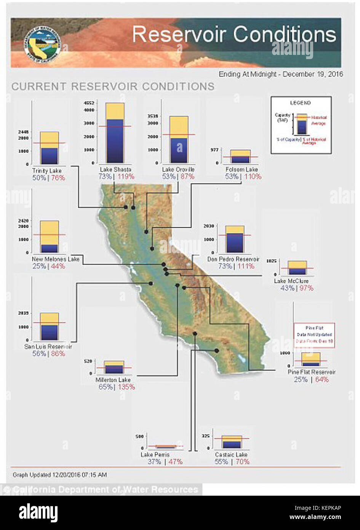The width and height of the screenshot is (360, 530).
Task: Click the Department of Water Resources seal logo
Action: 41,42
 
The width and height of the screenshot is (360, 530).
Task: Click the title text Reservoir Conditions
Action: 234,35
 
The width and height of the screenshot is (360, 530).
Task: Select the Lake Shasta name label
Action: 115,169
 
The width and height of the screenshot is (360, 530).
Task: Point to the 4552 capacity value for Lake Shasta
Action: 88,103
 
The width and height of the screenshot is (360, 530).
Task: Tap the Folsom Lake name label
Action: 242,169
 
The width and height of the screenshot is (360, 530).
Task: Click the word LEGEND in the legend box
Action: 300,103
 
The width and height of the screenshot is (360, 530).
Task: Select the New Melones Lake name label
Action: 56,259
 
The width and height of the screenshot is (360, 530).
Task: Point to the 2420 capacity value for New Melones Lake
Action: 23,221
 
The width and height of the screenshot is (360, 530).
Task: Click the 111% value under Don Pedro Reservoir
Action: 246,266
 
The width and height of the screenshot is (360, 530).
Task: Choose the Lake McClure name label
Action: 291,281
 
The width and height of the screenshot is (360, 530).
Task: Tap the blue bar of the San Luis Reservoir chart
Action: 49,332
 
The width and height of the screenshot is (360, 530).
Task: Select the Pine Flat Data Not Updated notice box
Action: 314,335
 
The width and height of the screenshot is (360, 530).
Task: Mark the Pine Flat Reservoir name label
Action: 312,372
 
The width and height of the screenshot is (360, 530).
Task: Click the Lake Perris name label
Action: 155,455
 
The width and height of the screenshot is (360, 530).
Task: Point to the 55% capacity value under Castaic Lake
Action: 221,462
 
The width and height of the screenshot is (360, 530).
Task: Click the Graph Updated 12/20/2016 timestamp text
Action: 60,475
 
